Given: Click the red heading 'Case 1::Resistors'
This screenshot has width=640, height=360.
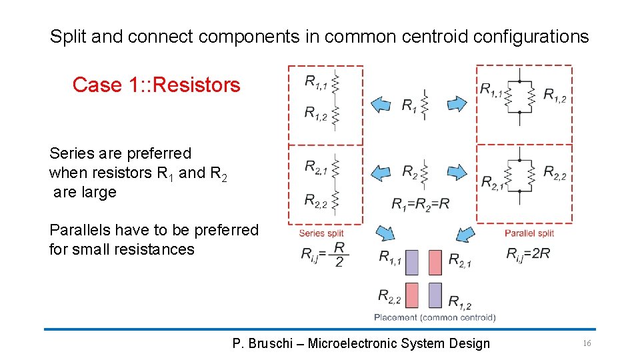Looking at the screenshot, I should click(156, 85).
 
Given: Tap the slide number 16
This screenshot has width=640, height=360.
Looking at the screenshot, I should click(587, 343).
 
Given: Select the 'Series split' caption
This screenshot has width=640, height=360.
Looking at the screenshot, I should click(321, 233).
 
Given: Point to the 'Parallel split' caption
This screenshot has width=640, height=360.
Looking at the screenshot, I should click(529, 233).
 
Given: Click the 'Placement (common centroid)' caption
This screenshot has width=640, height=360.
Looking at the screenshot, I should click(435, 317).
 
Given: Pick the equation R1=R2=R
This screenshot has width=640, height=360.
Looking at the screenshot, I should click(420, 203).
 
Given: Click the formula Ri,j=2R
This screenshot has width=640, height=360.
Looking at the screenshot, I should click(528, 253).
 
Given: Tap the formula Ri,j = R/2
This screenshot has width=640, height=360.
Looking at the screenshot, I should click(323, 254).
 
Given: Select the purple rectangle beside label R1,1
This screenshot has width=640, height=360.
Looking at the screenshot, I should click(412, 262).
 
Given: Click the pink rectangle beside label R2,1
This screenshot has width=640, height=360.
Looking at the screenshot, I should click(435, 262).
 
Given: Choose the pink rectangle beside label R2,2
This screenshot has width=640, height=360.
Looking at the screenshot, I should click(412, 295).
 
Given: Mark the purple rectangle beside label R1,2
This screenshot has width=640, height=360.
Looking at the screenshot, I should click(435, 295).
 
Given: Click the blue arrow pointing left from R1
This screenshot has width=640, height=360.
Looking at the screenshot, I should click(381, 104).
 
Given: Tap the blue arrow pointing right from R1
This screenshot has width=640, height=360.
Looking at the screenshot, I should click(457, 104).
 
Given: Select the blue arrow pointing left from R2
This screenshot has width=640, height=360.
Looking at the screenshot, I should click(381, 173).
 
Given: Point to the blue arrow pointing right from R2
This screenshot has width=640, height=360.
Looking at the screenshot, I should click(457, 173).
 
